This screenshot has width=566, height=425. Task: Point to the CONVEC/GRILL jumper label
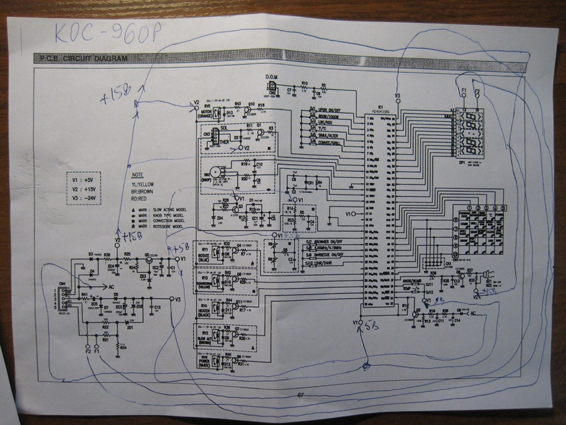point(331,141)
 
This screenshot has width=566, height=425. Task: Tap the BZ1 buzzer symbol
point(488,272)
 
